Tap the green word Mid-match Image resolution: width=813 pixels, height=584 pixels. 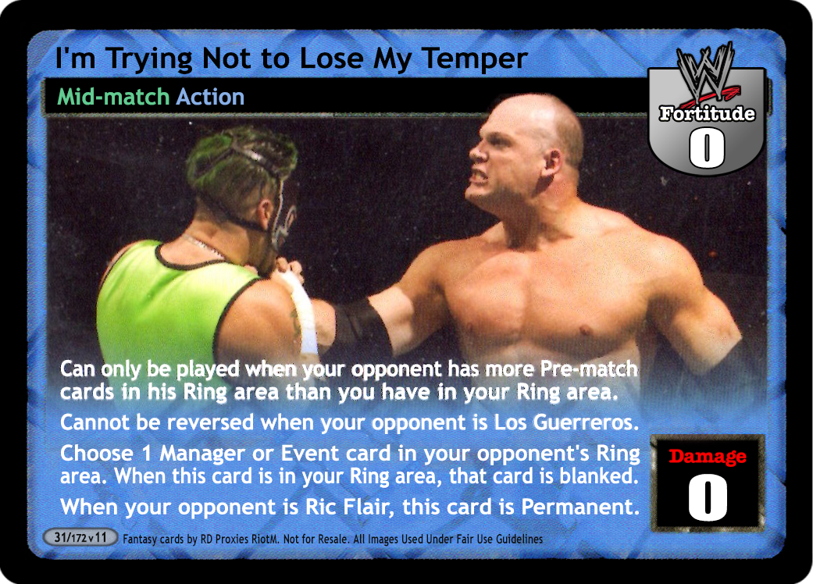113,97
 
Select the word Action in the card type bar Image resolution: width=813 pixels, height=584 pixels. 210,97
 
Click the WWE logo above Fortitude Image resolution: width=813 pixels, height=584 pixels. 706,73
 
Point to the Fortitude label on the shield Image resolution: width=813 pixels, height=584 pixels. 707,113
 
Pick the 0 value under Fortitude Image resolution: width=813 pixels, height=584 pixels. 706,148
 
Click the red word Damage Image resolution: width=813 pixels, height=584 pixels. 708,457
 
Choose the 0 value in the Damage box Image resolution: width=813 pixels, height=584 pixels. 708,498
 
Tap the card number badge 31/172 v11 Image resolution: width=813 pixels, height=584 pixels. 80,537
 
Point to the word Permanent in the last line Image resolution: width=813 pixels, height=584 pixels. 580,507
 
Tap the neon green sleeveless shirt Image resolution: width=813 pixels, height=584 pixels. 166,303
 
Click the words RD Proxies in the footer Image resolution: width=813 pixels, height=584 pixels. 225,539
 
